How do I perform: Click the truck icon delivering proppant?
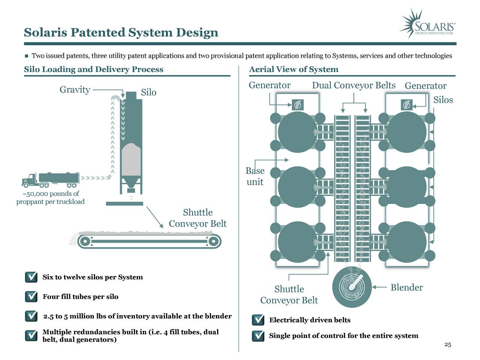click(x=51, y=180)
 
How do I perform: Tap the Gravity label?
click(x=75, y=90)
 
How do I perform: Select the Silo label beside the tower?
click(x=148, y=93)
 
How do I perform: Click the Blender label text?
click(x=406, y=288)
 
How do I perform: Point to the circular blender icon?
click(x=352, y=287)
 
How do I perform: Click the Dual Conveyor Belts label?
click(x=354, y=85)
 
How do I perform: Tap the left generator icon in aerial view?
click(x=298, y=105)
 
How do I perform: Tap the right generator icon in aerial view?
click(x=406, y=105)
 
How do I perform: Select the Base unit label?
click(x=255, y=176)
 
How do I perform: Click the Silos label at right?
click(x=443, y=100)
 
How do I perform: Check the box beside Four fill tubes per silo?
click(x=31, y=297)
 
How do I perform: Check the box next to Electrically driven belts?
click(x=258, y=320)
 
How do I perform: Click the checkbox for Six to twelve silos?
click(x=31, y=277)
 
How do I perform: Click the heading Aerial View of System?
click(x=294, y=69)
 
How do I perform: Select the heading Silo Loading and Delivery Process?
click(x=94, y=69)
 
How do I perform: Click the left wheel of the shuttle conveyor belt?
click(x=85, y=241)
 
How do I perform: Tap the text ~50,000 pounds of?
click(x=51, y=194)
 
